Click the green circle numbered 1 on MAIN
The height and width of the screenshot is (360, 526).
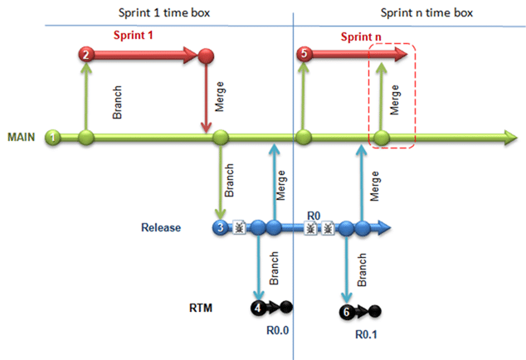[x=52, y=137]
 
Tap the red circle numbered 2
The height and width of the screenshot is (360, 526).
[x=86, y=55]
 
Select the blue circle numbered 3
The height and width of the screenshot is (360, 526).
[x=221, y=227]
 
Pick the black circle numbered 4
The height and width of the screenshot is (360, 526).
[x=258, y=307]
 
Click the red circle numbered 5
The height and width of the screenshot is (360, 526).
[x=304, y=54]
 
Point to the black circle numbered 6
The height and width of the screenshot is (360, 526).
[x=347, y=312]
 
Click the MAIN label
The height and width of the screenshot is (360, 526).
[x=21, y=137]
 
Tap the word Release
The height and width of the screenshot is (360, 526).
[x=161, y=227]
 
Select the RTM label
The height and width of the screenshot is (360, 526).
[x=201, y=308]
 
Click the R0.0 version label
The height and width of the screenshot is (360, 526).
[x=277, y=330]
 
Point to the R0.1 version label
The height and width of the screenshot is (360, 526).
[x=366, y=334]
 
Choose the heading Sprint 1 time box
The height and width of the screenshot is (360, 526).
[x=164, y=12]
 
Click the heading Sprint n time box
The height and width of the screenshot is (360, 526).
[x=426, y=12]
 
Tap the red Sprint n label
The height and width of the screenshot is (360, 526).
[x=361, y=36]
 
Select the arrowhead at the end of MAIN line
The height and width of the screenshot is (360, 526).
[x=510, y=138]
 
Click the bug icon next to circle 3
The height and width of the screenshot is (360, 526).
[x=239, y=227]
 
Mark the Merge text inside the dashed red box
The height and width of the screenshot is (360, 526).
[x=395, y=100]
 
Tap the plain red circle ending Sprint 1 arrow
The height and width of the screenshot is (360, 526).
[x=206, y=56]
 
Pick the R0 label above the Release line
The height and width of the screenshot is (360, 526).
[x=314, y=216]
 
